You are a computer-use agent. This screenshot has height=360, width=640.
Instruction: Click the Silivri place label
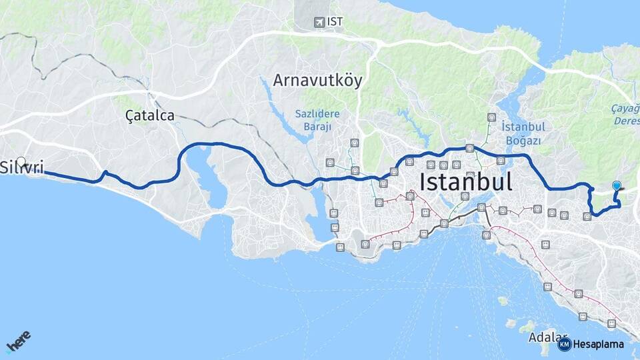tap(23, 167)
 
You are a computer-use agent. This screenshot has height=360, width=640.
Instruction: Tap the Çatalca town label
tap(150, 115)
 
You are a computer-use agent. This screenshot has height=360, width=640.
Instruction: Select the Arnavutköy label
tap(317, 81)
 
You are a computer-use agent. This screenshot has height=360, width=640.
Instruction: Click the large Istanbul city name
tap(466, 181)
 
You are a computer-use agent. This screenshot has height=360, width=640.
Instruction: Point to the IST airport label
tap(335, 22)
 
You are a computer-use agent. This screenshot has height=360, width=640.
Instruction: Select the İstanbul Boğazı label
tap(523, 133)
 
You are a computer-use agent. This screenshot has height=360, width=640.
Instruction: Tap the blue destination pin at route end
tap(617, 187)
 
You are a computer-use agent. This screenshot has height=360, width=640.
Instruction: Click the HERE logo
tap(18, 342)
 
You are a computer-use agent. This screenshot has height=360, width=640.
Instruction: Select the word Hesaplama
tap(599, 344)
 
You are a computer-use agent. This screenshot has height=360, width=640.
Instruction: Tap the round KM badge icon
tap(564, 344)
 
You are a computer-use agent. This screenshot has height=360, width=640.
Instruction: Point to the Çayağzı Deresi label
tap(625, 114)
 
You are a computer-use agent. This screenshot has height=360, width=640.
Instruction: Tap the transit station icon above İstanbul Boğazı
tap(491, 117)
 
